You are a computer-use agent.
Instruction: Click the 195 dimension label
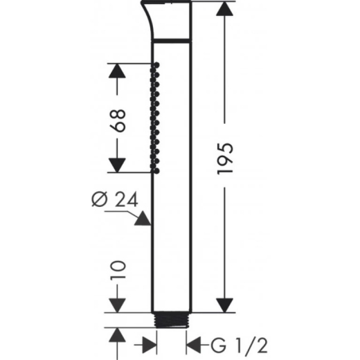(x=225, y=158)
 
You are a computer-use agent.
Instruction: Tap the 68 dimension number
(x=118, y=120)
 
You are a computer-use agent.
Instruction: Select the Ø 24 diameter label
(x=115, y=199)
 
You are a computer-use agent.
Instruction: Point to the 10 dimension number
(x=118, y=270)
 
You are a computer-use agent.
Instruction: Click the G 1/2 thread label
(x=240, y=345)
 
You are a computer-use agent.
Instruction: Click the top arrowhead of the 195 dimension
(x=224, y=9)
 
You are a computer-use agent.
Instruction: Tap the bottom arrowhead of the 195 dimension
(x=224, y=305)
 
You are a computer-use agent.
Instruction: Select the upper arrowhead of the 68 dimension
(x=117, y=71)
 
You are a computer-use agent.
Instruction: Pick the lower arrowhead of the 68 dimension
(x=117, y=165)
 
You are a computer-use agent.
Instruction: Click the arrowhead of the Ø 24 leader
(x=143, y=219)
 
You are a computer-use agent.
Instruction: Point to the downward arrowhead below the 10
(x=117, y=305)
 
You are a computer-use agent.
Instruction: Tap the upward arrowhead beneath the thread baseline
(x=117, y=335)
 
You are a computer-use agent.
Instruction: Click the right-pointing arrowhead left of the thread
(x=150, y=345)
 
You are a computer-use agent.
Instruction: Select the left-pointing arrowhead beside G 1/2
(x=193, y=345)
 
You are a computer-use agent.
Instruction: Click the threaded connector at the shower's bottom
(x=171, y=320)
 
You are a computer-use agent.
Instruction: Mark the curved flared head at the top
(x=166, y=20)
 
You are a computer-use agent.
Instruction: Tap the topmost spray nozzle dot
(x=157, y=65)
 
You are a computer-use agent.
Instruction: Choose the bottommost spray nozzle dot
(x=156, y=171)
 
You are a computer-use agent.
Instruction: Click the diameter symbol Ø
(x=100, y=199)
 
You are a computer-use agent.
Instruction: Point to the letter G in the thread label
(x=218, y=345)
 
